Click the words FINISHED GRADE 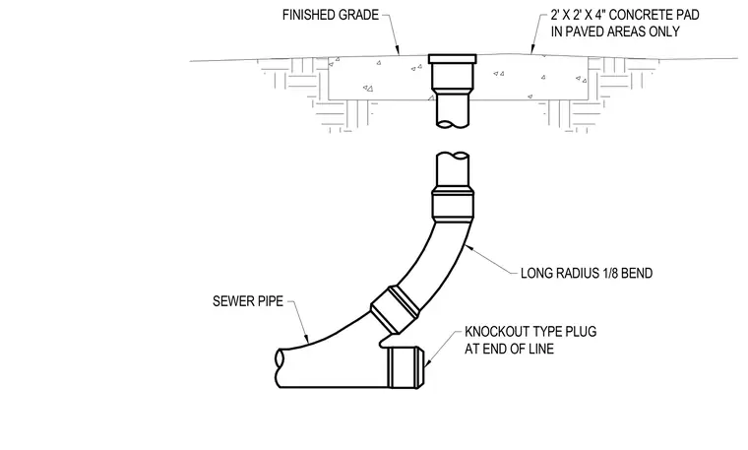[330, 16]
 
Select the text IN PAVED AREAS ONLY [615, 32]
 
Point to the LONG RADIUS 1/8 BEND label [587, 274]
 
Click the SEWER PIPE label [248, 301]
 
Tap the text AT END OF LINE [510, 349]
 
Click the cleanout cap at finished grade [452, 59]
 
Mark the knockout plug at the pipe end [405, 367]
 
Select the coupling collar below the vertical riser [453, 204]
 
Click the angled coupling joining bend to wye [396, 309]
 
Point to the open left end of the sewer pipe [280, 368]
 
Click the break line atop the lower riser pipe [453, 156]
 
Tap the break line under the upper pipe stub [453, 124]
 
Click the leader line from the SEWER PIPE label [299, 322]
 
